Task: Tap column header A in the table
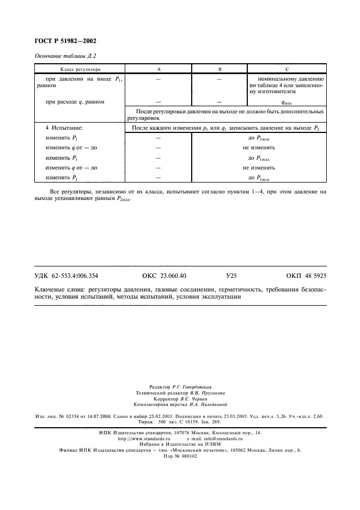coord(158,70)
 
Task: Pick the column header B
coord(219,70)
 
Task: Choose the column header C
coord(286,70)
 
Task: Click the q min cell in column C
coord(286,102)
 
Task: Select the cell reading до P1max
coord(258,158)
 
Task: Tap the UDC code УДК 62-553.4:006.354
coord(66,276)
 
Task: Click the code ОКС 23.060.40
coord(163,276)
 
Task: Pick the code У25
coord(231,276)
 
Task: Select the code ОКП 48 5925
coord(306,276)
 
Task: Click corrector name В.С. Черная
coord(193,398)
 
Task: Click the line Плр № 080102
coord(180,456)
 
